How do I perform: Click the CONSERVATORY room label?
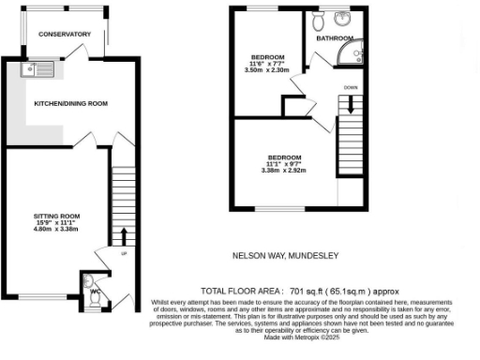64,34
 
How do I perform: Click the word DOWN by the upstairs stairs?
351,87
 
